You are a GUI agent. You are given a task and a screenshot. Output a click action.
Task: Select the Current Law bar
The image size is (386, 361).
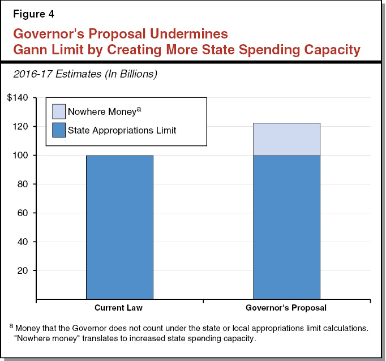click(x=119, y=226)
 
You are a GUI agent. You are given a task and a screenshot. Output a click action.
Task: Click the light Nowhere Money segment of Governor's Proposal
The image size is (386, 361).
click(x=286, y=139)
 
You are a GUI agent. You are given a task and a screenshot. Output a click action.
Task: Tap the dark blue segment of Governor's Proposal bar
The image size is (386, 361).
click(x=286, y=226)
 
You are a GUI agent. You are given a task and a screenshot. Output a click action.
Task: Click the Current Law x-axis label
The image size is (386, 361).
click(x=119, y=308)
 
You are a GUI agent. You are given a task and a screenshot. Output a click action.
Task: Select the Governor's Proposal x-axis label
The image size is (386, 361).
click(x=286, y=308)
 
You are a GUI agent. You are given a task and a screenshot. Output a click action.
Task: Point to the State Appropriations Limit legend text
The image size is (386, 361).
click(x=122, y=130)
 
